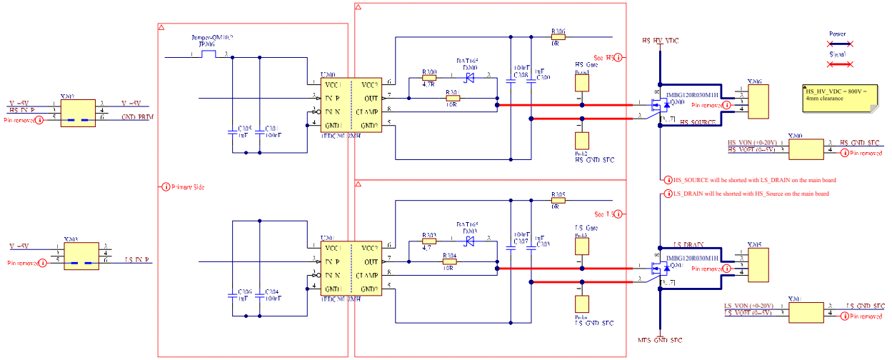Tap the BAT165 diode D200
470,78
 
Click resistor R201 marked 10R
451,99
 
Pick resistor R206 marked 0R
558,37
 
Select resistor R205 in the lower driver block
558,201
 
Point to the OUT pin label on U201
370,261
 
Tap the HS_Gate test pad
582,82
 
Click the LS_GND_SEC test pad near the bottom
582,305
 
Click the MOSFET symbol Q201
663,269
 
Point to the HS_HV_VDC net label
660,41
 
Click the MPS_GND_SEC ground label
660,340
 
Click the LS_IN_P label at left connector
137,260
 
